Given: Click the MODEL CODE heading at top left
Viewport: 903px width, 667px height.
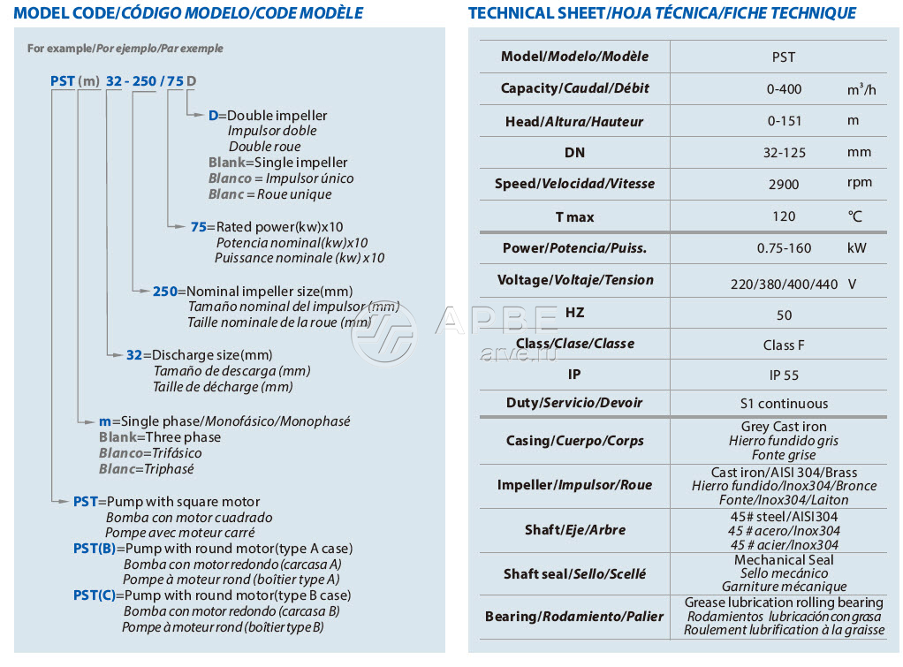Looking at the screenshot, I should point(188,13).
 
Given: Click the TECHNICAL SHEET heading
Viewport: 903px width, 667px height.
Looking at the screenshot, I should point(662,13).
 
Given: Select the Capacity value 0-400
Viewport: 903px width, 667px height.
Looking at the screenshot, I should point(784,89).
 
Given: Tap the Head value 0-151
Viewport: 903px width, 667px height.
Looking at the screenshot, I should point(784,120).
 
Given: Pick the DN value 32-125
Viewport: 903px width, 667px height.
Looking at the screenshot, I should point(784,152).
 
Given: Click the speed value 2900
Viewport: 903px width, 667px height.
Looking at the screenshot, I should point(784,184).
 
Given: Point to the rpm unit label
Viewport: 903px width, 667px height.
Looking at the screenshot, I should point(859,183).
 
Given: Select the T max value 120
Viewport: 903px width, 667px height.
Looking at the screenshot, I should point(784,216).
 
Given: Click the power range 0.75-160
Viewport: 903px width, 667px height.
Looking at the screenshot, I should point(784,248).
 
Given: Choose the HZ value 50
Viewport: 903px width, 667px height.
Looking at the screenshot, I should point(784,315).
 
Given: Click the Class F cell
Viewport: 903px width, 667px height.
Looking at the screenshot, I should point(784,345).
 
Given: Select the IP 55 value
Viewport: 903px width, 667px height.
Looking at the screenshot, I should point(784,375).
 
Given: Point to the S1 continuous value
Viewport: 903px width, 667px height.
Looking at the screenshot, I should point(784,404).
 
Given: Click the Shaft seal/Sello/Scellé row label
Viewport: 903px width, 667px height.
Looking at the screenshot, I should point(574,574).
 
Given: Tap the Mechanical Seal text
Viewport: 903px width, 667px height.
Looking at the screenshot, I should point(784,560).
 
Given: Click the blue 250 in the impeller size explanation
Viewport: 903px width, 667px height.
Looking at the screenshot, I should point(165,291).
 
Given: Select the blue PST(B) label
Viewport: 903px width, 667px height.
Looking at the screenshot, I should point(95,549).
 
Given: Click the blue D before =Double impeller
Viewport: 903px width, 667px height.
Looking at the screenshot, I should point(213,116).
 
